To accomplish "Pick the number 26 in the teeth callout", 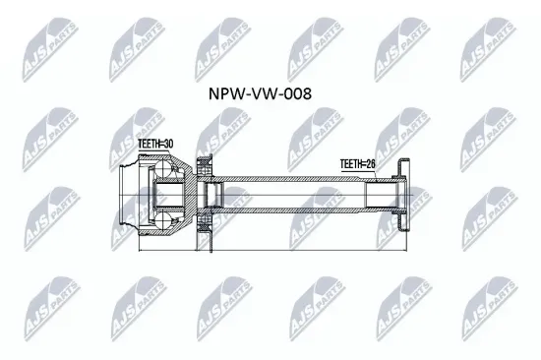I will tap(372, 163).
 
